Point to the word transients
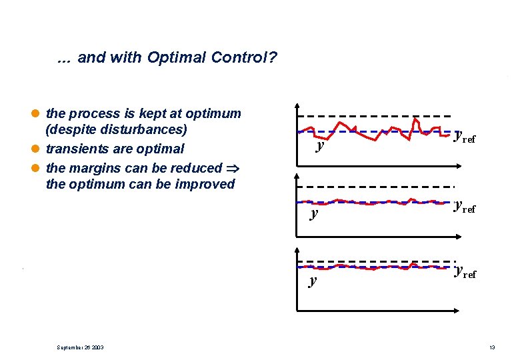[76, 149]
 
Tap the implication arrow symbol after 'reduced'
[233, 168]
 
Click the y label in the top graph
[321, 144]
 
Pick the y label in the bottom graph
[313, 280]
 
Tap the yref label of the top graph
[465, 137]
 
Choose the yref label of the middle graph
[465, 207]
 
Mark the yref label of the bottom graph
[465, 271]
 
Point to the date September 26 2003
[79, 347]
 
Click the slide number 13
[491, 347]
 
